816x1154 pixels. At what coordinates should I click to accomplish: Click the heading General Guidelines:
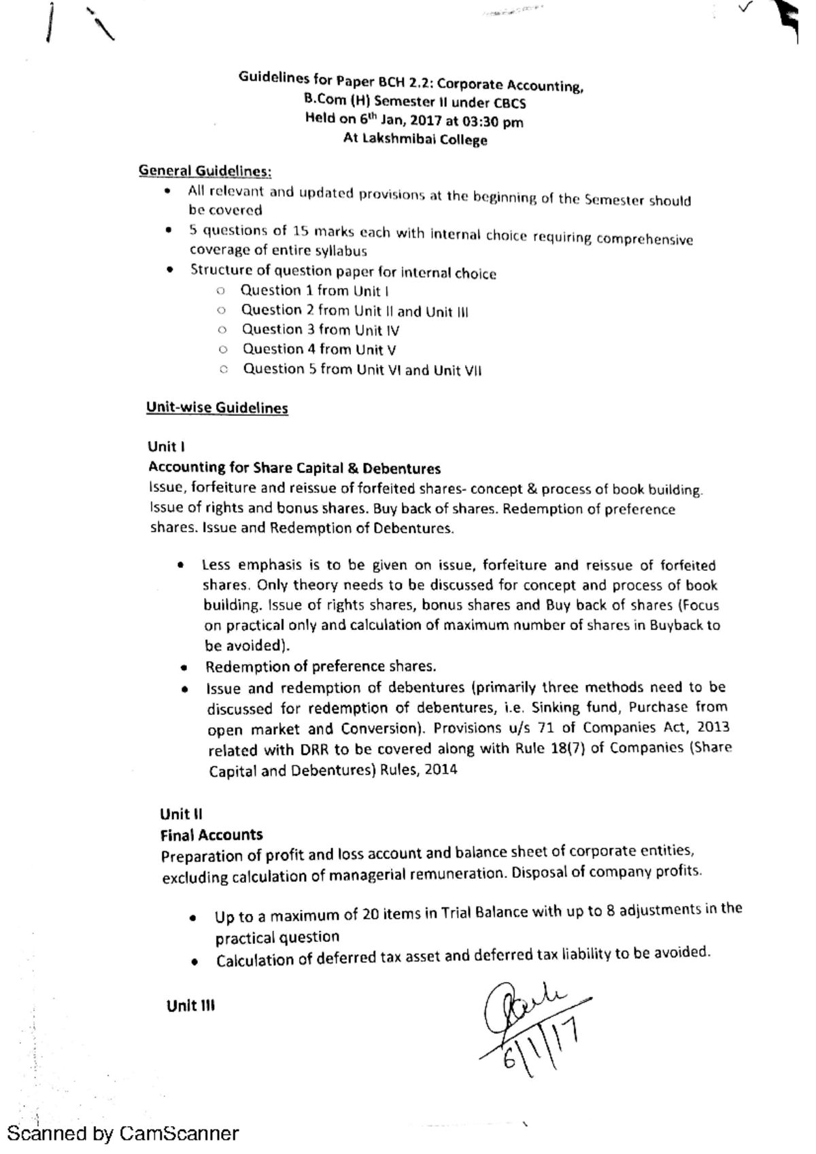[x=205, y=171]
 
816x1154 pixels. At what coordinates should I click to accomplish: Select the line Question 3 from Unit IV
[x=320, y=330]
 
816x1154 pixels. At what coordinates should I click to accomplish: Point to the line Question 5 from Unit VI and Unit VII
[x=362, y=370]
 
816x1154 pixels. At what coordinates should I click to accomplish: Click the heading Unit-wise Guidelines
[x=217, y=408]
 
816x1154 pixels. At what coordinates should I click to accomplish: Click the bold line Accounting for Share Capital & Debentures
[x=294, y=468]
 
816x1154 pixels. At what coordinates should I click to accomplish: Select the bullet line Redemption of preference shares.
[x=320, y=666]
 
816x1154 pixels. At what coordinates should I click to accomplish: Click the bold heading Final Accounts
[x=211, y=835]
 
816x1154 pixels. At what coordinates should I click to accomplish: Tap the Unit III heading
[x=190, y=1006]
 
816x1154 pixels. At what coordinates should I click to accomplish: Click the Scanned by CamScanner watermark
[x=123, y=1134]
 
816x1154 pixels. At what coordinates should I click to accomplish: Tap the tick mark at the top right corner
[x=745, y=8]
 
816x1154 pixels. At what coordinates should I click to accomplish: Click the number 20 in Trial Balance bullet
[x=370, y=914]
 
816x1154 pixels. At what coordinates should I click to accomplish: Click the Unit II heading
[x=181, y=814]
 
